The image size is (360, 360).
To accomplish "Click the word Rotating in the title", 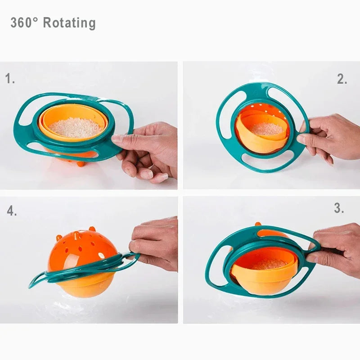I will click(x=69, y=23).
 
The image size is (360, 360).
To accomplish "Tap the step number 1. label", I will click(x=10, y=79).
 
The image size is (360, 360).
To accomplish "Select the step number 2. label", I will click(x=342, y=79).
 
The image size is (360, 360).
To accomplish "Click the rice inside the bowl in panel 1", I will click(x=76, y=128).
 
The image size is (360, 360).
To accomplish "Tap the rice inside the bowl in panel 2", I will click(x=267, y=129).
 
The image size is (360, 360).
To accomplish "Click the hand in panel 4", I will click(x=155, y=243).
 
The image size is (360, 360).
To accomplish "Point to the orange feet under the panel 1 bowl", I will click(x=81, y=163).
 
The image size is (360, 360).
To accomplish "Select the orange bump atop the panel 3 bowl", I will click(x=258, y=224).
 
